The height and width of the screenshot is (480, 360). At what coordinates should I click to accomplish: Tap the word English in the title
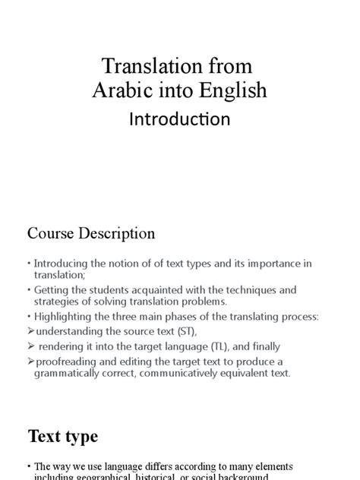231,90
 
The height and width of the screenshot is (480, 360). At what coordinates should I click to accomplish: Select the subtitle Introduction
180,119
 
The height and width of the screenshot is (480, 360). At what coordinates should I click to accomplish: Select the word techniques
247,290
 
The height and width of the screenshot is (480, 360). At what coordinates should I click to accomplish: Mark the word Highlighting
68,316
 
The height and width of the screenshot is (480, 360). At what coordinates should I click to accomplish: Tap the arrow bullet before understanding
30,330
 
